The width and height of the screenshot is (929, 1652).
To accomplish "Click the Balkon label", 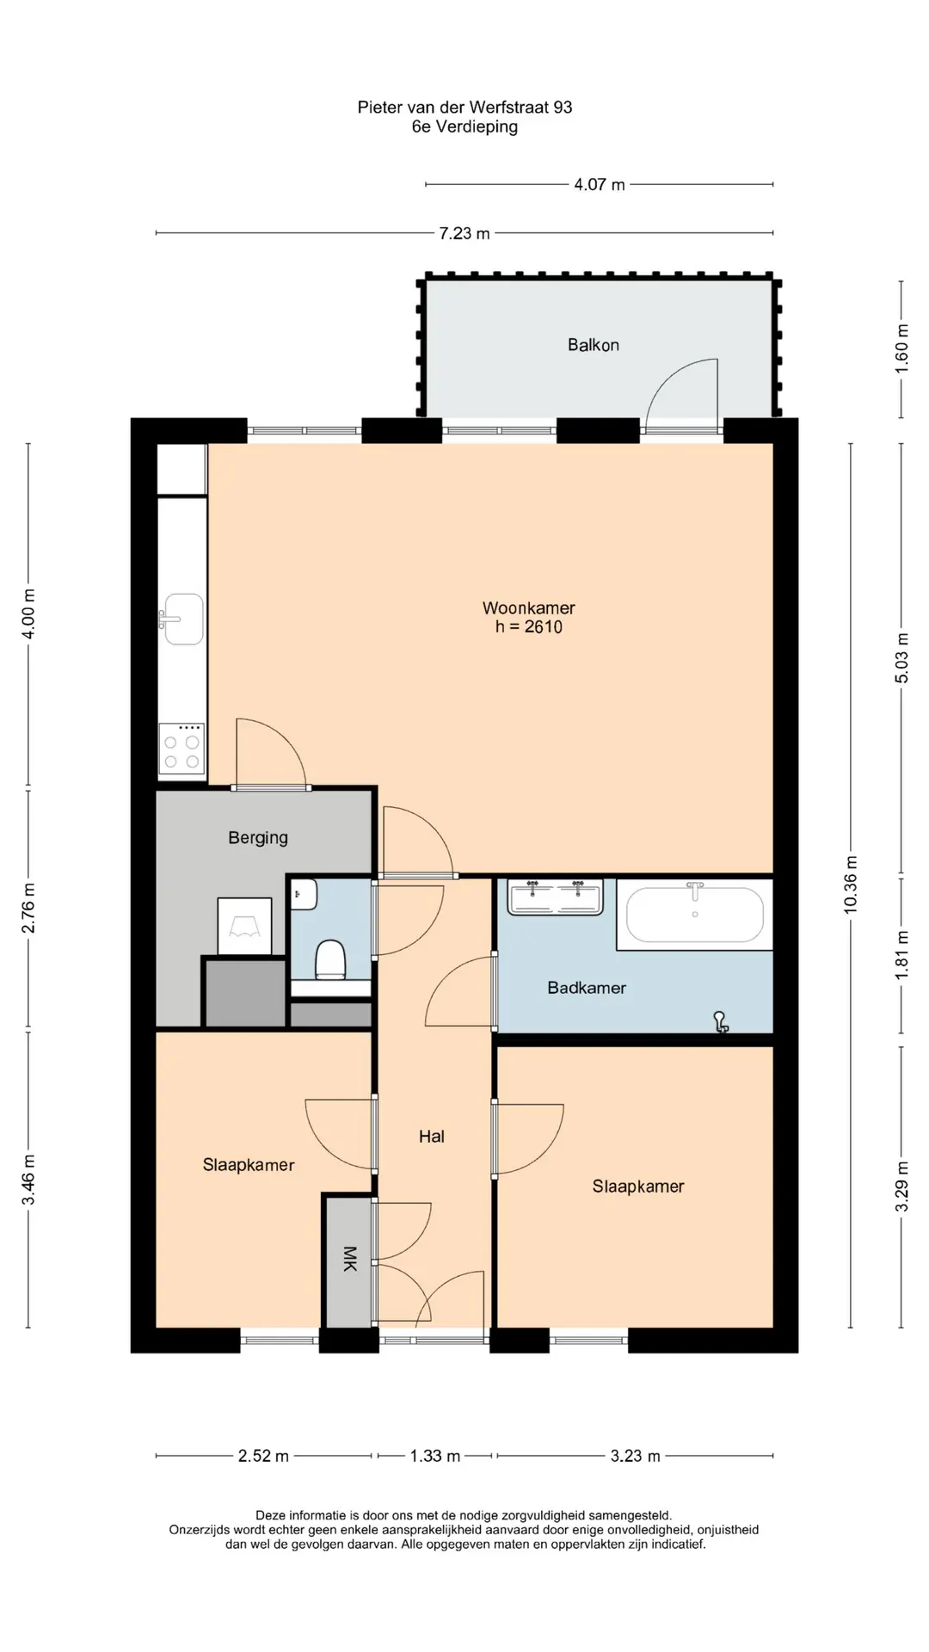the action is click(593, 345).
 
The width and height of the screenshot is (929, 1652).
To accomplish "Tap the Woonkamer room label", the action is click(528, 607).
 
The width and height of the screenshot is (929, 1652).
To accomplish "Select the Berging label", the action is click(258, 838).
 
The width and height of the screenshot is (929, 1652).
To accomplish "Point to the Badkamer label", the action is click(587, 988).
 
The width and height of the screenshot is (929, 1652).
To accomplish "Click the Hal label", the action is click(432, 1137).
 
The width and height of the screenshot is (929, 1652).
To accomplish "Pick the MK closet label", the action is click(350, 1259).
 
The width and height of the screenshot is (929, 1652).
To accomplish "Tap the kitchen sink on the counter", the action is click(181, 619).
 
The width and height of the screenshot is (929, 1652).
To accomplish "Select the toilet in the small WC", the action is click(330, 960).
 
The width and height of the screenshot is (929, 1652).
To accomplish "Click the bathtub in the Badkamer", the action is click(695, 914).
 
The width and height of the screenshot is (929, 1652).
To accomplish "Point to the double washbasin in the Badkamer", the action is click(556, 897).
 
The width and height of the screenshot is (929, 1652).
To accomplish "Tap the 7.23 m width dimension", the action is click(464, 233).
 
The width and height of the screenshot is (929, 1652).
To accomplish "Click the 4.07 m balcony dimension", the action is click(600, 184).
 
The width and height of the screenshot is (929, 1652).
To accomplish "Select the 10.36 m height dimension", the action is click(851, 885).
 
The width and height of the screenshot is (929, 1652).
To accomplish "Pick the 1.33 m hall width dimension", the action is click(435, 1456).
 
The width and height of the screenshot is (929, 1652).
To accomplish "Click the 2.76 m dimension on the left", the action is click(28, 908).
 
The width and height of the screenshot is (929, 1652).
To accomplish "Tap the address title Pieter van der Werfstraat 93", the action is click(464, 108).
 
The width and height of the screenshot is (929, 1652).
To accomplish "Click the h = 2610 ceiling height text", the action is click(528, 627).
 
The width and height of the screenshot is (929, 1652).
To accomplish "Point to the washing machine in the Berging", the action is click(244, 926).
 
